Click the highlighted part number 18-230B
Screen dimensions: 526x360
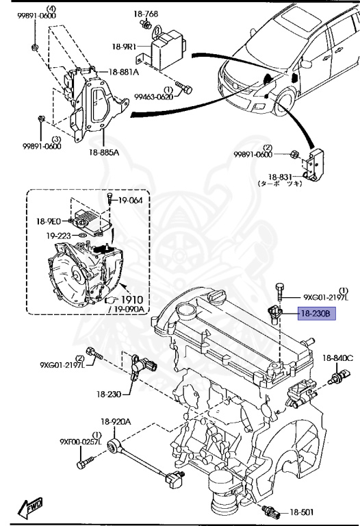pos(314,314)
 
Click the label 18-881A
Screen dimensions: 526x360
pos(123,71)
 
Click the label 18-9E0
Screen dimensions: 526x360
pos(49,221)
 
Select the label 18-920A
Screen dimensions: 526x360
pos(116,422)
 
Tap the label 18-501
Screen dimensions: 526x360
pos(300,512)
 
